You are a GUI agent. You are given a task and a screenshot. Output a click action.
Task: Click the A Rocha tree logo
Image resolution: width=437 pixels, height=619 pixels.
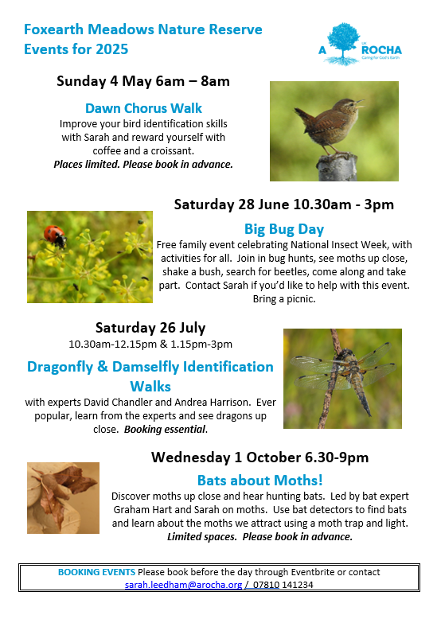[343, 45]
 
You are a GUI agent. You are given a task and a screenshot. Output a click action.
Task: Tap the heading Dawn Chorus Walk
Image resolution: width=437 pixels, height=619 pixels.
[143, 108]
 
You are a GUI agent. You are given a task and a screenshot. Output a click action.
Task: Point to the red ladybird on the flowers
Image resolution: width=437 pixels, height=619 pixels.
[55, 236]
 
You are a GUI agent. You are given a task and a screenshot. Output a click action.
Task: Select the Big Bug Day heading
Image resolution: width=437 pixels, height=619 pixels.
[284, 229]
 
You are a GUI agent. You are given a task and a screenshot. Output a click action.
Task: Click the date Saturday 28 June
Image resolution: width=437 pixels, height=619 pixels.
[232, 204]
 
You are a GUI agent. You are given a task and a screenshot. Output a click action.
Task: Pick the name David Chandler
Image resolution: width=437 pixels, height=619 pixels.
[117, 403]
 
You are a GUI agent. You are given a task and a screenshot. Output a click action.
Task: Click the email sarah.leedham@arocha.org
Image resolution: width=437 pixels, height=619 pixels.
[183, 585]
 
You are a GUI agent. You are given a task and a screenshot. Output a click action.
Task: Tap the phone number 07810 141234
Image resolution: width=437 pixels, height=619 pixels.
[283, 585]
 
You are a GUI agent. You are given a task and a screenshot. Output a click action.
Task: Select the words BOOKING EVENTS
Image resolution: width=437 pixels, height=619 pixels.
[96, 572]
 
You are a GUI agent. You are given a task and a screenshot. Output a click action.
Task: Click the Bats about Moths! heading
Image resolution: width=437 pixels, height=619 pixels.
[260, 481]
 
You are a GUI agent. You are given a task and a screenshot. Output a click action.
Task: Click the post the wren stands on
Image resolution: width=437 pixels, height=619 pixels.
[337, 167]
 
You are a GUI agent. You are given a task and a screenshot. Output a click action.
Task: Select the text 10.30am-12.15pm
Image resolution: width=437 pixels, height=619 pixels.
[112, 345]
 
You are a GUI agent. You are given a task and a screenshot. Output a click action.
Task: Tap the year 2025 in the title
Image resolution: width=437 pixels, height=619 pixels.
[111, 49]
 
